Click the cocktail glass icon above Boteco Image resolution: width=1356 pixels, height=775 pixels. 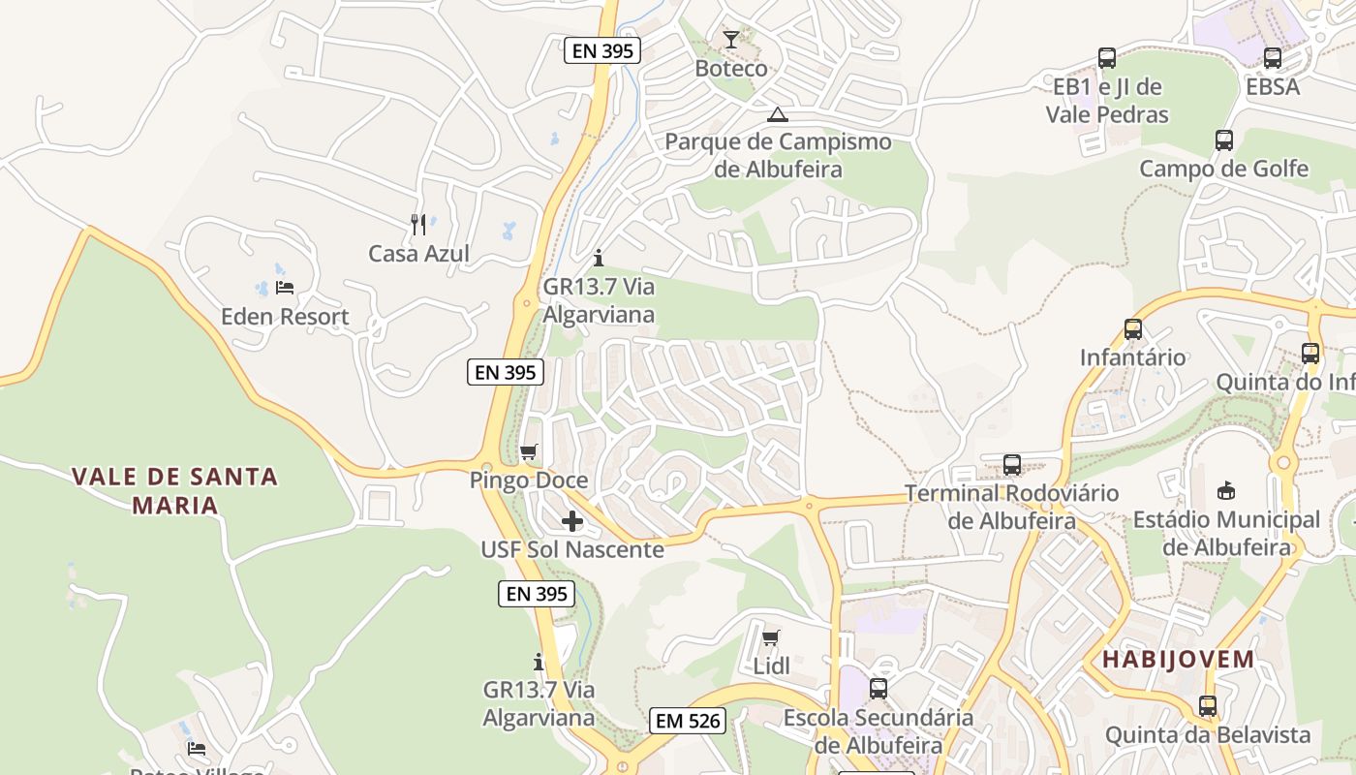coord(731,40)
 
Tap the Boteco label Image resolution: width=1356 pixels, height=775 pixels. coord(731,69)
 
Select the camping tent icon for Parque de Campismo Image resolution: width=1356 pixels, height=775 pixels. coord(777,115)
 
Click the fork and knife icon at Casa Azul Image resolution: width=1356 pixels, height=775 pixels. coord(418,225)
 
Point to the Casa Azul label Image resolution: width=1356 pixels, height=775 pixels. coord(418,254)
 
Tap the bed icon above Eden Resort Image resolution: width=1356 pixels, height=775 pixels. coord(284,288)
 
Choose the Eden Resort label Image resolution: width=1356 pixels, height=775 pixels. coord(285,317)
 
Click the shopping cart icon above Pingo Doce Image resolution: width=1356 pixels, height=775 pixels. coord(529,451)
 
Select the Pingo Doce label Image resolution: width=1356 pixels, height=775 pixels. coord(529,480)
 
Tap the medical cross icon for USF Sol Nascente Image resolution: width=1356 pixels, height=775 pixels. coord(572,521)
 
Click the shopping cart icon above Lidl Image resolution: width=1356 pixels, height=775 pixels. coord(771,637)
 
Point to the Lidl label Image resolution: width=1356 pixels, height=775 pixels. coord(772,666)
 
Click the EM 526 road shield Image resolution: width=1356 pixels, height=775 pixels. coord(688,721)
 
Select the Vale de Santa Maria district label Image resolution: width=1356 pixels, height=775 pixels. coord(175,490)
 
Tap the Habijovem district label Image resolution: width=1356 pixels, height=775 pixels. coord(1179,661)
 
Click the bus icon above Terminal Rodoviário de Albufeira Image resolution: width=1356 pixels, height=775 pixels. coord(1012,464)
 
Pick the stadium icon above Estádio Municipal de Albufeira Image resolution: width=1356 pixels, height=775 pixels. coord(1226,490)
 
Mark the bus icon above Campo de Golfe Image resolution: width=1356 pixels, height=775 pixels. coord(1224,140)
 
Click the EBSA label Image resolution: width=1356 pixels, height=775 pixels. coord(1273,87)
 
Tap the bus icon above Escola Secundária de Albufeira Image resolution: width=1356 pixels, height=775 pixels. coord(878,689)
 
